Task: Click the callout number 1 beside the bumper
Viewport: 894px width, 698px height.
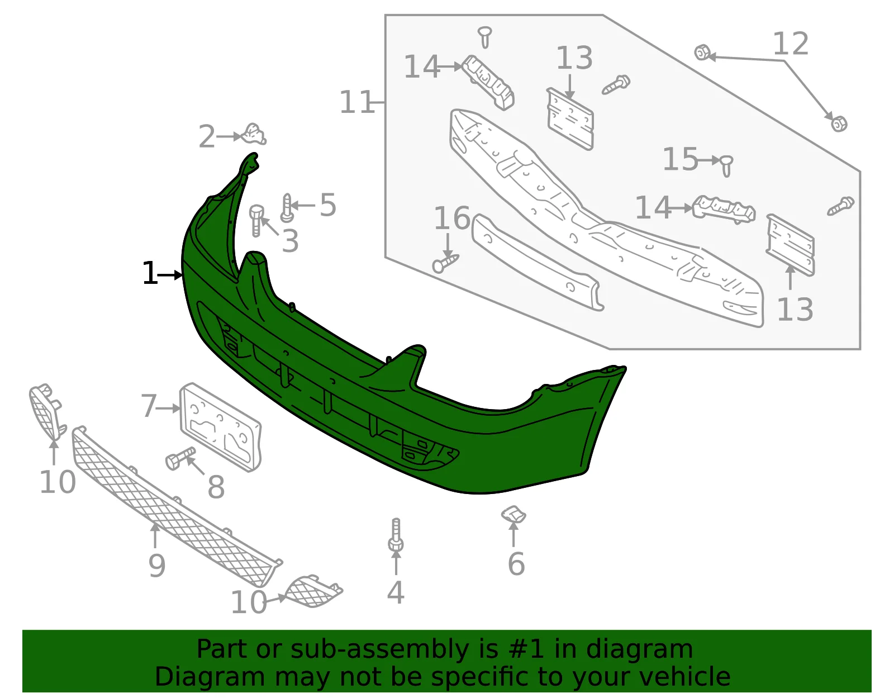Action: pyautogui.click(x=149, y=273)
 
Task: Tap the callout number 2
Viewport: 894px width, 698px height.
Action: pyautogui.click(x=207, y=136)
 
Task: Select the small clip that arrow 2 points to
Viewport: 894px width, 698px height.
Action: pyautogui.click(x=254, y=134)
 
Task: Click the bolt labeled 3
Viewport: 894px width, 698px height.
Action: pyautogui.click(x=256, y=220)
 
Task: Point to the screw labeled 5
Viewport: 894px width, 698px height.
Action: pyautogui.click(x=287, y=208)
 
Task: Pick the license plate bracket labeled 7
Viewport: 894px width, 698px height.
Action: pyautogui.click(x=221, y=426)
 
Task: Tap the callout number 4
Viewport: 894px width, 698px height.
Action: pyautogui.click(x=396, y=592)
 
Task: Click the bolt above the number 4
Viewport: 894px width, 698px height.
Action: pyautogui.click(x=396, y=535)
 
